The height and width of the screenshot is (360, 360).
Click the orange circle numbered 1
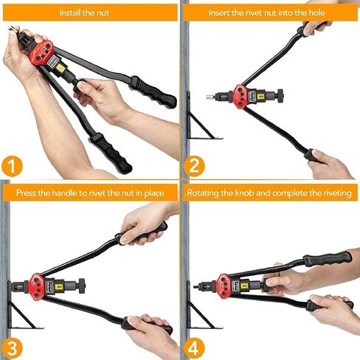pos(12,166)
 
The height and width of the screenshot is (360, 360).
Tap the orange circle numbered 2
pos(194,166)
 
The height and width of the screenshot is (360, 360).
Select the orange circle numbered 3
pos(12,348)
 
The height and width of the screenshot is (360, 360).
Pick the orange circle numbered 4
pos(194,348)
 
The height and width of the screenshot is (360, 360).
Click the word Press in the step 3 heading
pos(27,193)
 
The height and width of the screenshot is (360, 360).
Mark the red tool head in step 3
pos(37,286)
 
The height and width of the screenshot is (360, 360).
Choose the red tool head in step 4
pos(224,286)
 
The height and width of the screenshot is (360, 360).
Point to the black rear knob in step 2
pos(280,96)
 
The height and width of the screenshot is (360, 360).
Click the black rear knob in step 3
pos(82,286)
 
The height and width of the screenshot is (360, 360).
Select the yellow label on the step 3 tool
pos(59,286)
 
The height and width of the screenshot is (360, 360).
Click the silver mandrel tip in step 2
pos(210,97)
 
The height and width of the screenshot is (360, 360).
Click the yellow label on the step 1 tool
pos(60,69)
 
